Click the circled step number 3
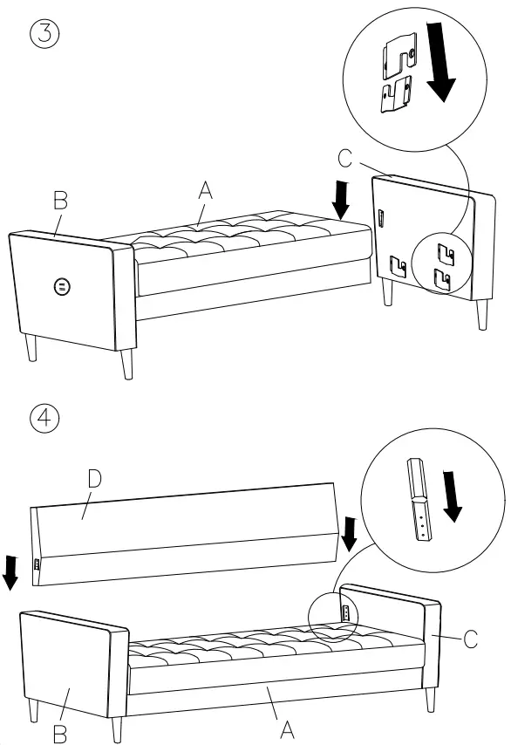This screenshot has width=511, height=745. tap(44, 36)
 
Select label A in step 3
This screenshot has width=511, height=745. tap(206, 188)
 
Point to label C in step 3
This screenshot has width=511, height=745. tap(345, 158)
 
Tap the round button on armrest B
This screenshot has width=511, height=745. tap(60, 286)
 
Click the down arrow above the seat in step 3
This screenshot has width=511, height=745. tap(341, 199)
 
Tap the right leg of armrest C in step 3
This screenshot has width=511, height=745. tap(481, 314)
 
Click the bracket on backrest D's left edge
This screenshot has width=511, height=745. tap(37, 564)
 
